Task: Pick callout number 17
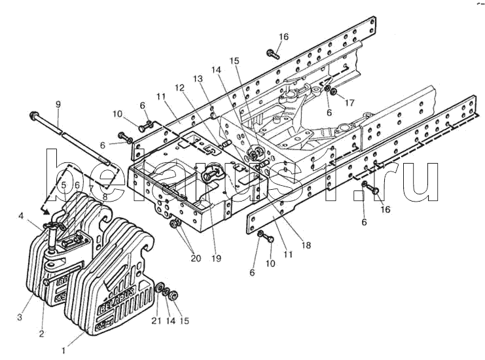pyautogui.click(x=350, y=103)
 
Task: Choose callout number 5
pyautogui.click(x=63, y=185)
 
